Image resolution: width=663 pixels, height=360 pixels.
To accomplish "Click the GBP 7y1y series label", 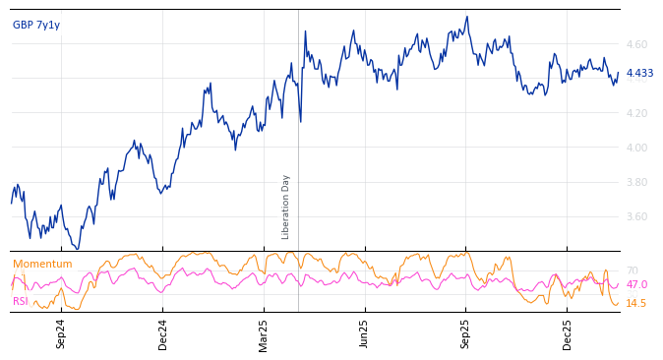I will click(x=36, y=26).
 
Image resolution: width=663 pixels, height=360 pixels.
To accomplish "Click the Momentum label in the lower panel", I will click(x=42, y=265).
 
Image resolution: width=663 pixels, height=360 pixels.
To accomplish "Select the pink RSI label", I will click(x=21, y=301).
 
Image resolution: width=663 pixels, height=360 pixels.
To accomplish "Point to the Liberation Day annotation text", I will click(x=286, y=207).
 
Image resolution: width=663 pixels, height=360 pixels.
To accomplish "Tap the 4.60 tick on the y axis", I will click(x=635, y=45).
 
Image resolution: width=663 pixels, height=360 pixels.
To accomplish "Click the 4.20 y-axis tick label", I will click(x=635, y=114).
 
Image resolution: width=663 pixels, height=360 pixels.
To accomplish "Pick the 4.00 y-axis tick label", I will click(x=635, y=149).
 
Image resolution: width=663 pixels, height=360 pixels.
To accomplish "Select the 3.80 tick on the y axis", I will click(x=635, y=183).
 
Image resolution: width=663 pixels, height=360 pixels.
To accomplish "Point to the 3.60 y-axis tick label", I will click(x=635, y=217).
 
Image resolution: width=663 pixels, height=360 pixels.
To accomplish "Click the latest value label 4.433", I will click(x=639, y=74).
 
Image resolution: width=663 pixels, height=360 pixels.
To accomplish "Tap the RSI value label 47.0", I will click(x=636, y=285).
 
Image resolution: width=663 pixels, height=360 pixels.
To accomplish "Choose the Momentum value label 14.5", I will click(x=636, y=304).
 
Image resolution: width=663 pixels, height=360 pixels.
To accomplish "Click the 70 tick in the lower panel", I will click(x=632, y=271).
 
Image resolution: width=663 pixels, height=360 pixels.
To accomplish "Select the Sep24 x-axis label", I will click(x=61, y=333).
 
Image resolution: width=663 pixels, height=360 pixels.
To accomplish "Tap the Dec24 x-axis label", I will click(x=163, y=333).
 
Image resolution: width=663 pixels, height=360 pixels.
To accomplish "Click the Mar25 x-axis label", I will click(x=264, y=333).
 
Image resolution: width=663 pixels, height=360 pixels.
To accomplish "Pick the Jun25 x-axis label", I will click(x=365, y=333).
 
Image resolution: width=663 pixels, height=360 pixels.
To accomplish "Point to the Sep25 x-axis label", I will click(x=466, y=333).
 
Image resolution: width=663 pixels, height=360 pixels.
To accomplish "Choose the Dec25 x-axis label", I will click(x=568, y=333).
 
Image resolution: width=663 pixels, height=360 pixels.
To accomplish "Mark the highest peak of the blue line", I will click(x=467, y=17).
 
